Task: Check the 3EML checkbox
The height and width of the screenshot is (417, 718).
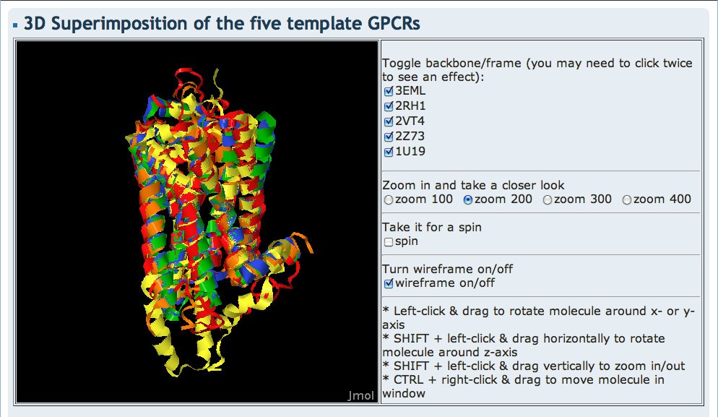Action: pyautogui.click(x=388, y=91)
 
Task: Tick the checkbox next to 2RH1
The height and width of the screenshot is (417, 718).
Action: pyautogui.click(x=388, y=106)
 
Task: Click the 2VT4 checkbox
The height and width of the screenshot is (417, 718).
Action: pyautogui.click(x=388, y=121)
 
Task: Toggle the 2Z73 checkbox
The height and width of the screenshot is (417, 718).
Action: pyautogui.click(x=388, y=137)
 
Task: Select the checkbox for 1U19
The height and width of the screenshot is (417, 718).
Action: pyautogui.click(x=388, y=152)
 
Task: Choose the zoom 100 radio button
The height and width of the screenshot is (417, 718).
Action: pyautogui.click(x=389, y=199)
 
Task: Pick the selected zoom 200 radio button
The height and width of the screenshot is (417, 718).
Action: pyautogui.click(x=468, y=199)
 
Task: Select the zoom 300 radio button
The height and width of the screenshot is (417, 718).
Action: pyautogui.click(x=548, y=199)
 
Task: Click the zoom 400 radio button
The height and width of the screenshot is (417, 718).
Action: pyautogui.click(x=627, y=199)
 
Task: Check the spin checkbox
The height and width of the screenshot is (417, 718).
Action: pyautogui.click(x=389, y=241)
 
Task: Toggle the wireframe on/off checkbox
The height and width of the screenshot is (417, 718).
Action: pyautogui.click(x=389, y=283)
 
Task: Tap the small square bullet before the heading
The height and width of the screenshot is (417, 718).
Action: pyautogui.click(x=16, y=25)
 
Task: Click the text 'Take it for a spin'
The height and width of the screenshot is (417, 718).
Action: pyautogui.click(x=432, y=227)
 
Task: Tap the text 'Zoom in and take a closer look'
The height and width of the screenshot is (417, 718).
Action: pyautogui.click(x=473, y=185)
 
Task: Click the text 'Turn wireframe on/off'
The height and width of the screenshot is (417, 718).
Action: pyautogui.click(x=447, y=269)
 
